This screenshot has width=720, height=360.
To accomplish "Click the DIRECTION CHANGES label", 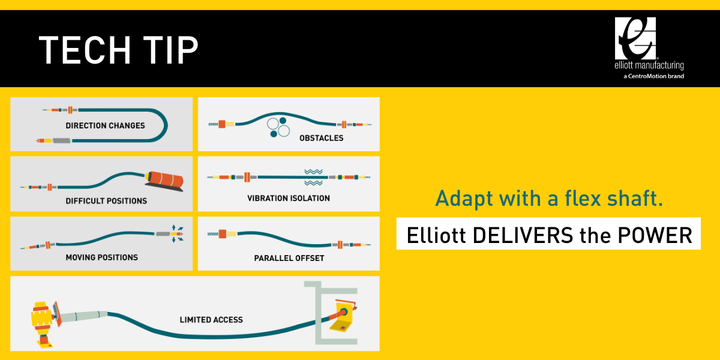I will tap(105, 126).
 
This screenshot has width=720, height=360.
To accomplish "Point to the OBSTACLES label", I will tap(321, 138).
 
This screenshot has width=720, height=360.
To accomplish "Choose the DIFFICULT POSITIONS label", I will tap(106, 201).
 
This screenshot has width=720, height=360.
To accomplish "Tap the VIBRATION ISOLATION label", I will tap(289, 198).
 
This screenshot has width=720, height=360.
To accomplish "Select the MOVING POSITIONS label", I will tap(101, 257).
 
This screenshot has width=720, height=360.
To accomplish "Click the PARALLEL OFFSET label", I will tap(289, 259).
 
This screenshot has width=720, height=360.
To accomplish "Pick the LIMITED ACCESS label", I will tap(211, 320).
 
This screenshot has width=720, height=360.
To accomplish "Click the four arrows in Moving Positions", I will tap(178, 233).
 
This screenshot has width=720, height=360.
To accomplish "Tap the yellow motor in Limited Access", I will tap(42, 318).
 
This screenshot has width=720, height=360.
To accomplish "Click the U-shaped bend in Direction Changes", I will tap(161, 125).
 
